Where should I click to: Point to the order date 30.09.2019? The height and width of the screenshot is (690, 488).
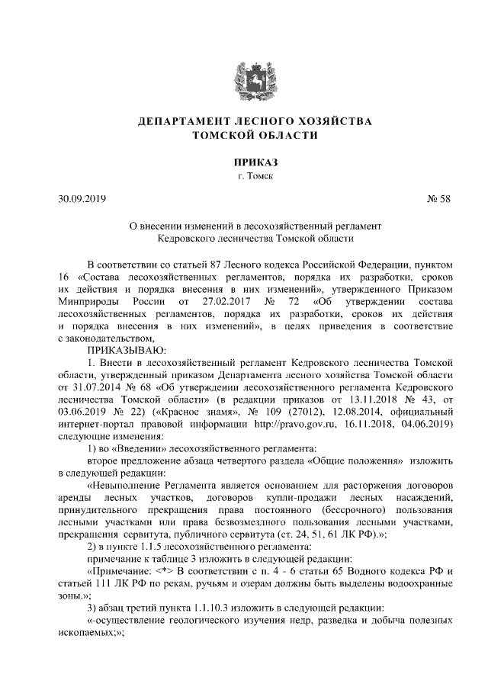(x=82, y=200)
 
